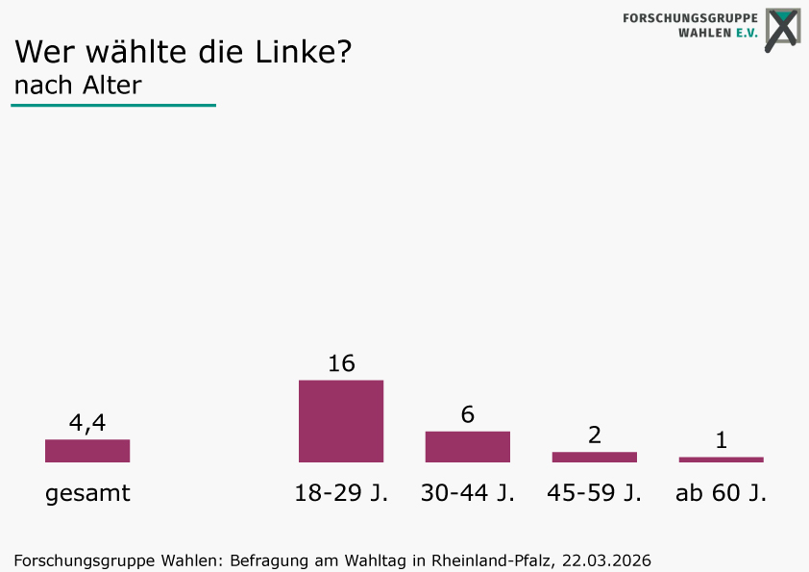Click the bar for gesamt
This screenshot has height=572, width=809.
(87, 451)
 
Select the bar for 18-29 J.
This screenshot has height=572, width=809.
(341, 421)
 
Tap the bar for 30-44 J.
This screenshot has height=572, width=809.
(468, 447)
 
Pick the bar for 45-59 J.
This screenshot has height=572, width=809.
(595, 457)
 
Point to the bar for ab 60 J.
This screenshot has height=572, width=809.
(722, 460)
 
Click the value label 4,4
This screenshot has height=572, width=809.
(87, 423)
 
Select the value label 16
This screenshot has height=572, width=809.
(341, 363)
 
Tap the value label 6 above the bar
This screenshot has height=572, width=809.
(468, 414)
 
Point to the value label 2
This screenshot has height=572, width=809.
(595, 435)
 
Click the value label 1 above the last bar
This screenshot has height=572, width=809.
(722, 440)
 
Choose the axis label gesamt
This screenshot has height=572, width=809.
(87, 494)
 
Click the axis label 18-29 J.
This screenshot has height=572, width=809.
(341, 492)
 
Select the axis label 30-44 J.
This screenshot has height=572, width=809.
(468, 492)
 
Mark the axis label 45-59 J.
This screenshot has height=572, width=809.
(595, 492)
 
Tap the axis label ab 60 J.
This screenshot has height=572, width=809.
(722, 492)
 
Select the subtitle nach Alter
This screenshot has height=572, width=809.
(78, 86)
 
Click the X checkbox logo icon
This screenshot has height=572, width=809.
(783, 29)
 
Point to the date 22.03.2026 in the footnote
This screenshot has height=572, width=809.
(607, 560)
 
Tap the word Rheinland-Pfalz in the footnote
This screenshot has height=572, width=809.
(493, 560)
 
